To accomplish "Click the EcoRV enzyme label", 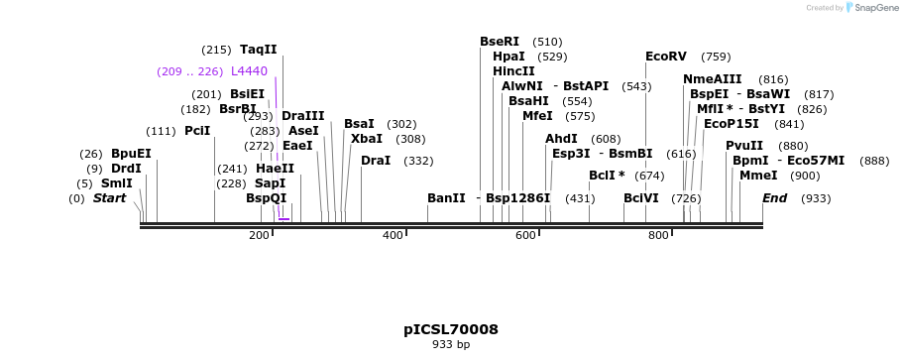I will tap(665, 57).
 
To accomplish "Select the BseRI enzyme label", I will tap(500, 42).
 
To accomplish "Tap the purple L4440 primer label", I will tap(249, 71).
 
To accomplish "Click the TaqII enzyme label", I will tap(259, 50).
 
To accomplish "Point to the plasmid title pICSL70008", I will tap(451, 329).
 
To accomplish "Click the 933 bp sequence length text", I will tap(451, 345).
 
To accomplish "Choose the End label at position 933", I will tap(774, 198).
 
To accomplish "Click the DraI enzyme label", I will tap(376, 161).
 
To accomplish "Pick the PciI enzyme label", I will tap(197, 131).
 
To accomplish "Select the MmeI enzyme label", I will tap(758, 176).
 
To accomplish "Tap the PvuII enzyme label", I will tap(744, 146).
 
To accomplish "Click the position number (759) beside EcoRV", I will tap(716, 57).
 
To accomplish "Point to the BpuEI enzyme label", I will tap(131, 154).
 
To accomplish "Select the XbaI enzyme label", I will tap(366, 139).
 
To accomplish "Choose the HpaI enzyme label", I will tap(508, 57).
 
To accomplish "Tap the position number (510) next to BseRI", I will tap(547, 42).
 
